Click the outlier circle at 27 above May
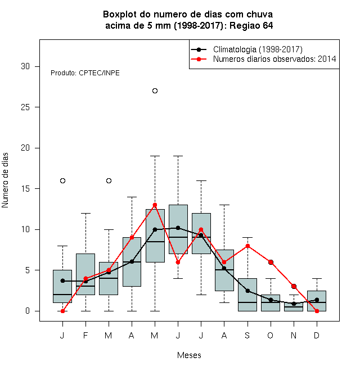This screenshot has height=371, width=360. coord(155,91)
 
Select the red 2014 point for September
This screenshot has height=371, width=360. coord(247,246)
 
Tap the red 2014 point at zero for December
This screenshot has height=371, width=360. coord(317,311)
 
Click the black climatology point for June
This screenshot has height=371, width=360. coord(178,228)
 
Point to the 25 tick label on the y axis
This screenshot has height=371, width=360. coord(25,107)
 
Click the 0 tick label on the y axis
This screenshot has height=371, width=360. coord(28,311)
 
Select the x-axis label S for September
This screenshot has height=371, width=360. coord(247,335)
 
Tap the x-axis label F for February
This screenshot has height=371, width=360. coord(85,335)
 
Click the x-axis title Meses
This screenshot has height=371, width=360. coord(189,355)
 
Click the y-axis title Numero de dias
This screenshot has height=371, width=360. coord(5,180)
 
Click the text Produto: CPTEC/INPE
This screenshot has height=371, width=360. coord(85,73)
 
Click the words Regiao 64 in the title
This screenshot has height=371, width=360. coord(251,25)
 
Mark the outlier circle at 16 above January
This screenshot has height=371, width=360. coord(62,181)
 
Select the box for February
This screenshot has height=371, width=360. coord(85,274)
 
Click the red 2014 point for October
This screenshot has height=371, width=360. coord(271,262)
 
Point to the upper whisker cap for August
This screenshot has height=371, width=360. coord(224,205)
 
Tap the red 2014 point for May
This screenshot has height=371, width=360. coord(155,205)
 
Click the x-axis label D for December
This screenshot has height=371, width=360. coord(317,335)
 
